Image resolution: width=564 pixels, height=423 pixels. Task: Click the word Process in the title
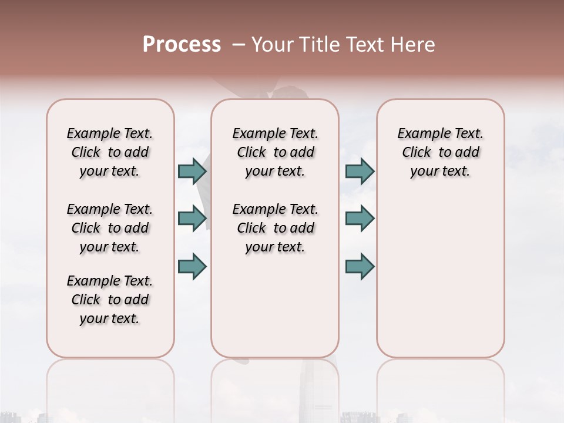pyautogui.click(x=182, y=45)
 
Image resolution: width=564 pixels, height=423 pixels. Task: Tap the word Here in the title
pyautogui.click(x=414, y=45)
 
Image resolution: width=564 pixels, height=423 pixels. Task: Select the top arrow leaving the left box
pyautogui.click(x=192, y=171)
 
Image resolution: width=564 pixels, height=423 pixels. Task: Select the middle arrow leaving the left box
pyautogui.click(x=192, y=219)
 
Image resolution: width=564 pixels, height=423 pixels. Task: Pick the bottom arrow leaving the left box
pyautogui.click(x=192, y=266)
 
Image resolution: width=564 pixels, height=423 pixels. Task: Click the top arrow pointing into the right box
pyautogui.click(x=360, y=171)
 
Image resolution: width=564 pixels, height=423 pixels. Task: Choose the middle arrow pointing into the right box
pyautogui.click(x=360, y=219)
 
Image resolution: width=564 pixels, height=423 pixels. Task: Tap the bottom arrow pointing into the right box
pyautogui.click(x=360, y=266)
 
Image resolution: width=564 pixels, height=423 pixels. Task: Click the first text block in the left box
pyautogui.click(x=110, y=152)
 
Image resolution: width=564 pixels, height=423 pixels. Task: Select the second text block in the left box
pyautogui.click(x=110, y=228)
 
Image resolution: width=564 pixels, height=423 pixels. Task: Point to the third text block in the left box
pyautogui.click(x=110, y=300)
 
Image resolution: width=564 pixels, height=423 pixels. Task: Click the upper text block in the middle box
pyautogui.click(x=275, y=152)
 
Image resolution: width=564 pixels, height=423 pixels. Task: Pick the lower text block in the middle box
pyautogui.click(x=275, y=228)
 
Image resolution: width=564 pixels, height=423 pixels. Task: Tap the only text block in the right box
pyautogui.click(x=440, y=152)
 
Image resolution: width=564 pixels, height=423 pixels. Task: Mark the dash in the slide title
pyautogui.click(x=238, y=45)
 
